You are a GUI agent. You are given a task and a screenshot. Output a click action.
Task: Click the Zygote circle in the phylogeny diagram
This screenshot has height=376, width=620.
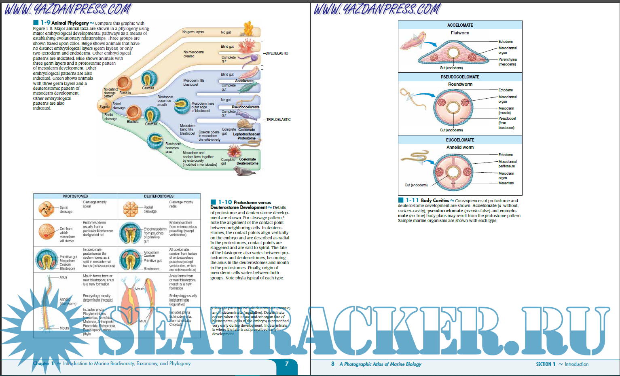104,107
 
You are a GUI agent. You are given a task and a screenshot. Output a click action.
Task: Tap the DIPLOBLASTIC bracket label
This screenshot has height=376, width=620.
277,53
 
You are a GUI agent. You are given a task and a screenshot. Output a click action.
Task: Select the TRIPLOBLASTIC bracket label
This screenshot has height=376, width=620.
278,120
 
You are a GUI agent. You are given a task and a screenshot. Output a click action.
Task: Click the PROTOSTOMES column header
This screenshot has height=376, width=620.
75,196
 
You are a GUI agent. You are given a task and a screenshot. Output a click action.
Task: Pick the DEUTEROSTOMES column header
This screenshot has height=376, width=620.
159,196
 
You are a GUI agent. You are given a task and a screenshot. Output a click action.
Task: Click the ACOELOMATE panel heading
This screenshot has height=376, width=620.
460,25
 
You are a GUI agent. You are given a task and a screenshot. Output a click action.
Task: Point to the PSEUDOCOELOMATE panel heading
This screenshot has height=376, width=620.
460,77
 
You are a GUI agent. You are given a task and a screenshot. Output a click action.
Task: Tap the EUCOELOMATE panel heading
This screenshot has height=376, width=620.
460,140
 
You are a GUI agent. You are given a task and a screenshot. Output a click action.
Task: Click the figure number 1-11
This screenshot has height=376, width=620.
412,200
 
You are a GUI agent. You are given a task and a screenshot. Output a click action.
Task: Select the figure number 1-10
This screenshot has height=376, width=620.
225,202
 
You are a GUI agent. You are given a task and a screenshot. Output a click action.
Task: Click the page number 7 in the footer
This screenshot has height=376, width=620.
287,363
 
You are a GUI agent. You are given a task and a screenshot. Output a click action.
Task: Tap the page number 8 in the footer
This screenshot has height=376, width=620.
333,364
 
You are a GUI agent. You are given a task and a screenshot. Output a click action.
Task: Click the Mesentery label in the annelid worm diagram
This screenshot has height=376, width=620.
506,183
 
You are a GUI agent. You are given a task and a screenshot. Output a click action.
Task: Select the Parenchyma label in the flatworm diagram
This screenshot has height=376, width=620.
507,59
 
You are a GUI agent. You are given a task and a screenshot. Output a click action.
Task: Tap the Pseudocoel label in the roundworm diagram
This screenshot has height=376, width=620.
507,118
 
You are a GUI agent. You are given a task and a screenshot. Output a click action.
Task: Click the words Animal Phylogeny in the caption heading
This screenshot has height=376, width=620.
70,23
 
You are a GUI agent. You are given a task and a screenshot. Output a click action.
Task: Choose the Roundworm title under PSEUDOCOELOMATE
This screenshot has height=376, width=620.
460,84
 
